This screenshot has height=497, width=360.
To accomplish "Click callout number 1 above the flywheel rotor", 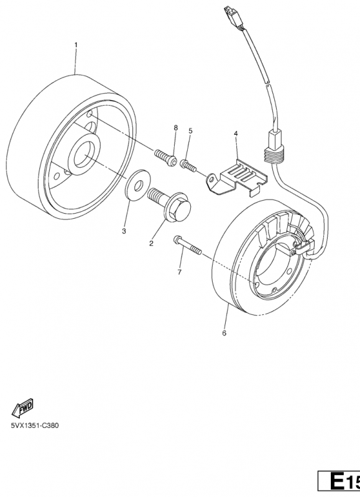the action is (x=75, y=45).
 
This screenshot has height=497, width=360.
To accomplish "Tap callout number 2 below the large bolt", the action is (x=151, y=244).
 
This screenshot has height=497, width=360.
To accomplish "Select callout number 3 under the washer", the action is (x=124, y=231).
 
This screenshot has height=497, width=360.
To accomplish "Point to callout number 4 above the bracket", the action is (x=236, y=134).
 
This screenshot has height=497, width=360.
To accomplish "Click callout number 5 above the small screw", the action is (x=190, y=130).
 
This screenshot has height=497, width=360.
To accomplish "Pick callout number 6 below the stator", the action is (x=224, y=333).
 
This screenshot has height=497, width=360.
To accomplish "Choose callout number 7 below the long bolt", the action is (x=180, y=272).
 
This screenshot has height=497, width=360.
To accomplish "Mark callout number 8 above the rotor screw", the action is (x=176, y=128).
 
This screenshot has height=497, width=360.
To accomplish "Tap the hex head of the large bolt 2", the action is (x=179, y=209).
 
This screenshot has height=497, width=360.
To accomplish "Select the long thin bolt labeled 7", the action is (x=187, y=245).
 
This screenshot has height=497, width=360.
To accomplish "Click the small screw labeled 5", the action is (x=188, y=166).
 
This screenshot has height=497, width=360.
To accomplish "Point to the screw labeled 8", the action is (x=165, y=158).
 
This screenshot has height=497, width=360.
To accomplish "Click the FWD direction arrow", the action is (x=22, y=408).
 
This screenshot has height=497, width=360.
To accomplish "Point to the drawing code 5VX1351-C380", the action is (x=35, y=426).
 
